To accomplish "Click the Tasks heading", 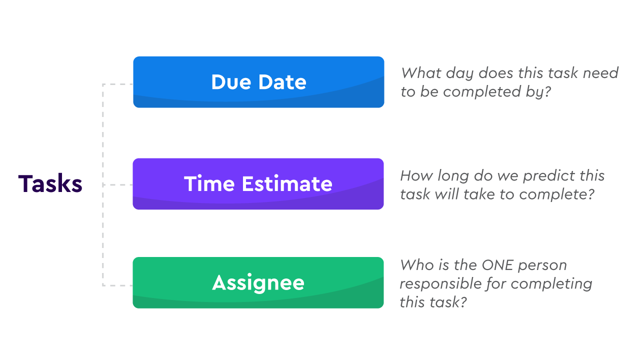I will coord(50,184).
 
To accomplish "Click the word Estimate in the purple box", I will coord(287,184).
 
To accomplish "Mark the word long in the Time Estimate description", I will coord(453,176).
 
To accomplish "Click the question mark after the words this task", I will coord(462,302).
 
